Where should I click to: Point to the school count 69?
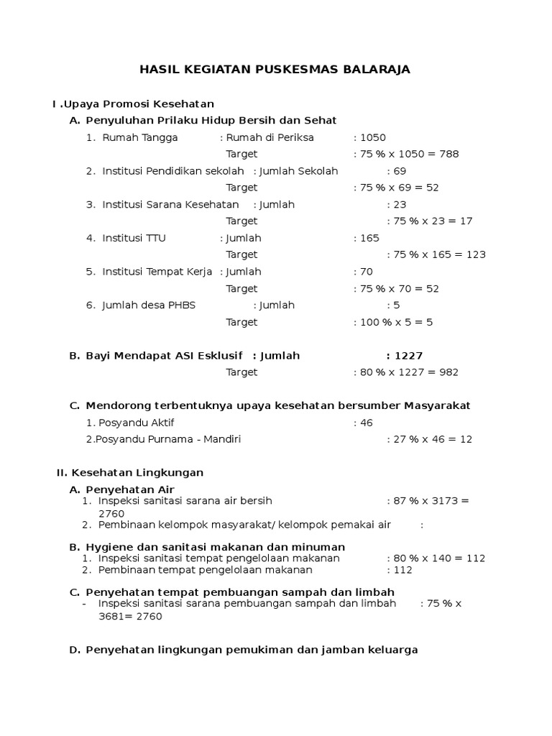[x=400, y=171]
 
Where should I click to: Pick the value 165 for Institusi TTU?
[x=369, y=238]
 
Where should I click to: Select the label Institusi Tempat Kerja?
[x=157, y=272]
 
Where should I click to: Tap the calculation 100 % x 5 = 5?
[x=396, y=322]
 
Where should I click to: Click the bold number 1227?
[x=408, y=356]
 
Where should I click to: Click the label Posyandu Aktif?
[x=136, y=423]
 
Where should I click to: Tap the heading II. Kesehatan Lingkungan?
[x=130, y=473]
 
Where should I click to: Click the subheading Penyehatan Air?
[x=130, y=489]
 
